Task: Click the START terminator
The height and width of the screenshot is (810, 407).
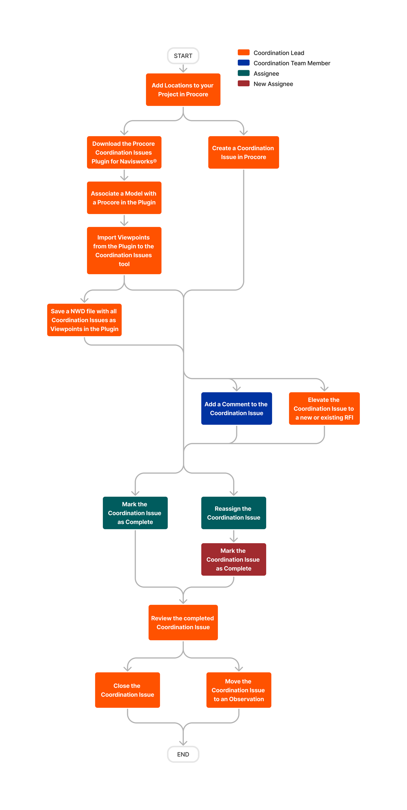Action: click(183, 56)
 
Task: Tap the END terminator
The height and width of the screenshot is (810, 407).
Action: click(183, 754)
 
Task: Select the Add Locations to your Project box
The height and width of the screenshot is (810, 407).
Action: click(183, 90)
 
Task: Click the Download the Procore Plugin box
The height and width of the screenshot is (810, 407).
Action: click(124, 152)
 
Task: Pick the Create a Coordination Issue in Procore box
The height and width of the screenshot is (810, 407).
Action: click(243, 152)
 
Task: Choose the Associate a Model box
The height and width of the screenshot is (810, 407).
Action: click(124, 198)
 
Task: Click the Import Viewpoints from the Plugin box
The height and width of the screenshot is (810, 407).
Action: click(124, 251)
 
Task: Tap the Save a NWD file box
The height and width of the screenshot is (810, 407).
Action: click(84, 320)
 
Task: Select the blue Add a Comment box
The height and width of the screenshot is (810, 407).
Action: click(236, 409)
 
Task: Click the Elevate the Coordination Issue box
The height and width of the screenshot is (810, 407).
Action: click(324, 409)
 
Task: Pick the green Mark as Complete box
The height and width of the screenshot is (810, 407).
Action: click(135, 513)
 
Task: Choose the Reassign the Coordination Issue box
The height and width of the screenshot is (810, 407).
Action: click(233, 513)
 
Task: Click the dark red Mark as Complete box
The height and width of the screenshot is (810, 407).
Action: click(233, 559)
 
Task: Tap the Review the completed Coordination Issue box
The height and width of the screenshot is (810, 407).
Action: click(183, 623)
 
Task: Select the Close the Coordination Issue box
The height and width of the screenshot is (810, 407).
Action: click(128, 690)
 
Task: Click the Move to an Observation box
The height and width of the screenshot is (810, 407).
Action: click(239, 690)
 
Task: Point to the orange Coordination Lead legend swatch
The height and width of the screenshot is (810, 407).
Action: click(244, 52)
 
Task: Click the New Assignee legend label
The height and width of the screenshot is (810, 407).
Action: click(273, 84)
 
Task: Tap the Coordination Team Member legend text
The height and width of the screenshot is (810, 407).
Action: click(292, 63)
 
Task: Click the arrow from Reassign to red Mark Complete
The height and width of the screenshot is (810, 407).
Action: click(234, 536)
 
